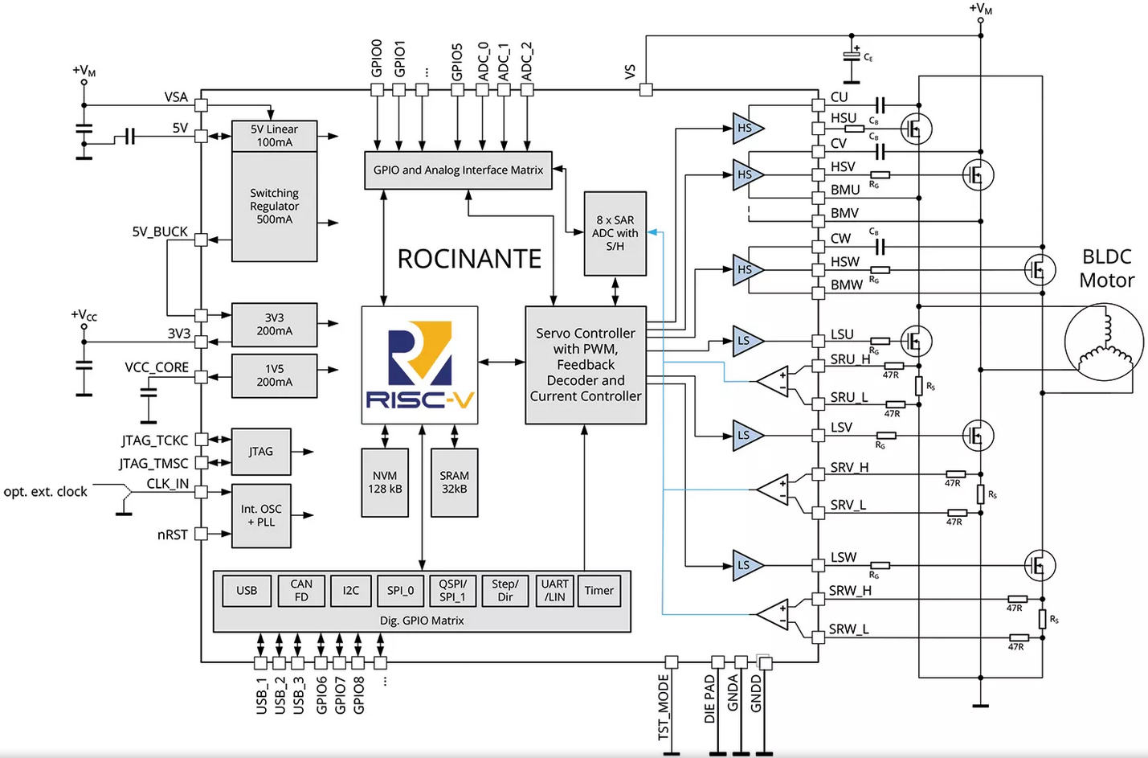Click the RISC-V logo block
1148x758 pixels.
(x=419, y=365)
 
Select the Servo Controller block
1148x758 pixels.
(x=586, y=365)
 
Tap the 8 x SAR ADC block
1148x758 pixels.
(x=615, y=233)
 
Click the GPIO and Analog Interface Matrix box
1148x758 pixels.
(x=458, y=170)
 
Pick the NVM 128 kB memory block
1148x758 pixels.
(x=385, y=482)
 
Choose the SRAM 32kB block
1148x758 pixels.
(x=454, y=482)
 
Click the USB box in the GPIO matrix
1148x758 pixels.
(x=247, y=591)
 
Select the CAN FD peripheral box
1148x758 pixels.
(x=301, y=591)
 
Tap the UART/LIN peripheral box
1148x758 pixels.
(x=554, y=591)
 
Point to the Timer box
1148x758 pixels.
(x=599, y=591)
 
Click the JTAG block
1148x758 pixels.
(x=261, y=452)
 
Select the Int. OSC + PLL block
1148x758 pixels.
(x=261, y=515)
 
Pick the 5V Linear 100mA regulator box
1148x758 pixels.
(x=274, y=136)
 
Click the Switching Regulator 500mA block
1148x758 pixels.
(x=274, y=207)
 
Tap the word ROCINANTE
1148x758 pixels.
(x=469, y=259)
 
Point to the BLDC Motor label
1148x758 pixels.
(x=1106, y=268)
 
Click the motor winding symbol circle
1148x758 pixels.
(x=1103, y=342)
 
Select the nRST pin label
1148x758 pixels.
(x=172, y=535)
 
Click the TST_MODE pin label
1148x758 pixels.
(x=664, y=707)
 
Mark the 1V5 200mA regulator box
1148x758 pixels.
(x=274, y=375)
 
